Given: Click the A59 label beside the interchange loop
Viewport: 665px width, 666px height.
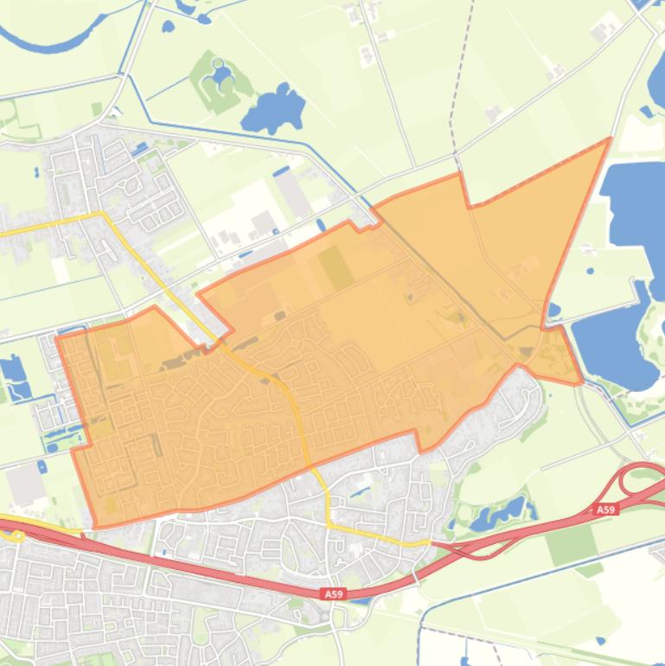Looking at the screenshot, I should point(606,510).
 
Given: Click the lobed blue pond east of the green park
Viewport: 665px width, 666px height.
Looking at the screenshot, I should point(275,108).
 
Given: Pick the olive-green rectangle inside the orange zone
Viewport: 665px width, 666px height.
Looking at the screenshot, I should point(336,267).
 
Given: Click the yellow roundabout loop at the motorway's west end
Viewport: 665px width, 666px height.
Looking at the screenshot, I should point(12,535).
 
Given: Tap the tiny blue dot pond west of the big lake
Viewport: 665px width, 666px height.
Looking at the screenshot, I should point(591,271).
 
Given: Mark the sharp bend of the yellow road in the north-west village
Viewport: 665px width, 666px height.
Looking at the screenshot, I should point(103,214).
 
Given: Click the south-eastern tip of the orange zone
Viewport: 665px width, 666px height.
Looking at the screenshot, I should point(580,381).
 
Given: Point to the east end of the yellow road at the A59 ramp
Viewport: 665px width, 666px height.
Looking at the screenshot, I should point(428,542).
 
